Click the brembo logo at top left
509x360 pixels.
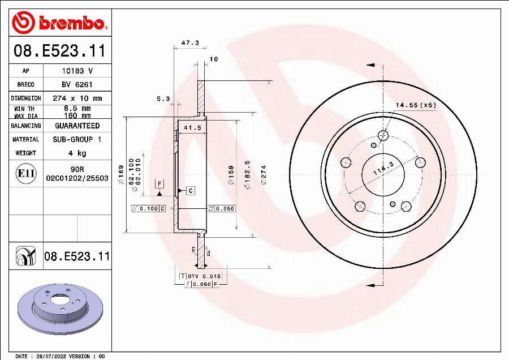click(60, 22)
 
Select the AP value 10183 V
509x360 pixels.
click(77, 71)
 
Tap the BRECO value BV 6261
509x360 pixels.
click(77, 84)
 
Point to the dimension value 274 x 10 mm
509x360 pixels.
click(77, 98)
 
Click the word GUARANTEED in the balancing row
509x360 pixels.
click(77, 126)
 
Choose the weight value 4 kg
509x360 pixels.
click(77, 153)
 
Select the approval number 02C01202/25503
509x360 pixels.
click(77, 178)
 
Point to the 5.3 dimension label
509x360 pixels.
click(163, 99)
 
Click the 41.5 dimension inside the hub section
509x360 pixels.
click(192, 128)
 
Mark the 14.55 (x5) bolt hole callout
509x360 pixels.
click(416, 105)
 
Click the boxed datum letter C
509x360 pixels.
click(191, 190)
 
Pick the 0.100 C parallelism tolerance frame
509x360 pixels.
click(148, 209)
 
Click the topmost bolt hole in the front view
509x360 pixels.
click(383, 135)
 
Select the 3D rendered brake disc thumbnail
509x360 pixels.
click(59, 312)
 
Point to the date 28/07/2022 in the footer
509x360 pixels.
click(50, 357)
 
